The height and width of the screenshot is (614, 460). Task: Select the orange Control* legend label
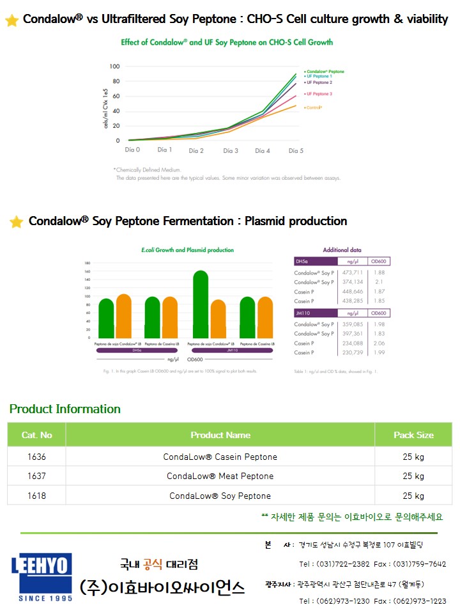tap(313, 107)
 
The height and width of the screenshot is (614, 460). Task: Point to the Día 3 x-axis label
tap(230, 150)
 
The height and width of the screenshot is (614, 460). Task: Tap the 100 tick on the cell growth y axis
tap(114, 67)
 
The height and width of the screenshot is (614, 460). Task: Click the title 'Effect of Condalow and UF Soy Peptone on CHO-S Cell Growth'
tap(227, 42)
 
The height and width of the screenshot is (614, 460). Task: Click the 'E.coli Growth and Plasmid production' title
tap(187, 250)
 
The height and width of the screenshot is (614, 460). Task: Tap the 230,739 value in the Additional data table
tap(352, 352)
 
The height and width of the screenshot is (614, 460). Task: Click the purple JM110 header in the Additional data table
tap(315, 313)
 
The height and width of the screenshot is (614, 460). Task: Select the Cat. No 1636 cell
tap(36, 457)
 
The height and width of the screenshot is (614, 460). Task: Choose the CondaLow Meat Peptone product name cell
tap(220, 476)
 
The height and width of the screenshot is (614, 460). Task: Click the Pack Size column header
tap(413, 435)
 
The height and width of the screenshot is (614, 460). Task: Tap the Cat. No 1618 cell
tap(36, 496)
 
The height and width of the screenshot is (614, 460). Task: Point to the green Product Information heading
tap(65, 409)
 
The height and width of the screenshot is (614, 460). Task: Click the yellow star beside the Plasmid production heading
tap(16, 222)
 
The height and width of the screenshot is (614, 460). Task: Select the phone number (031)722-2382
tap(334, 564)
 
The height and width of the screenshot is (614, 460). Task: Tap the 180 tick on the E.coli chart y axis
tap(88, 263)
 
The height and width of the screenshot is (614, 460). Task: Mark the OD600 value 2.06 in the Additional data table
tap(379, 343)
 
